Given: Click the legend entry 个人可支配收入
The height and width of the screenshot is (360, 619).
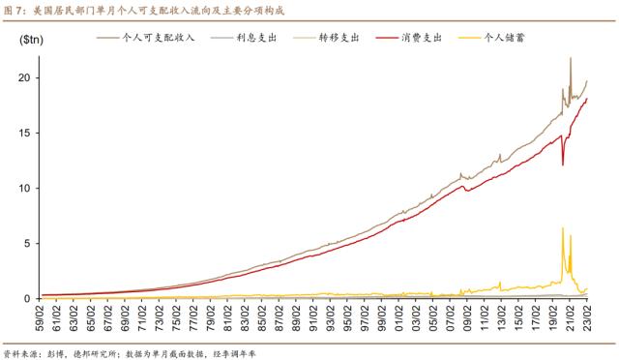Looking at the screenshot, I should click(155, 37).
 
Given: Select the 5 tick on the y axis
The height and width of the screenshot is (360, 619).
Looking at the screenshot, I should click(29, 243).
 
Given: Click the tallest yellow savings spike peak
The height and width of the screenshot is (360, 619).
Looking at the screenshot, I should click(563, 228).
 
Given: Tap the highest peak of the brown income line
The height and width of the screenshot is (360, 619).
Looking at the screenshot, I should click(571, 58).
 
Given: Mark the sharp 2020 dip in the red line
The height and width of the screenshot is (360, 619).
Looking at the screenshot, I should click(563, 165).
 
